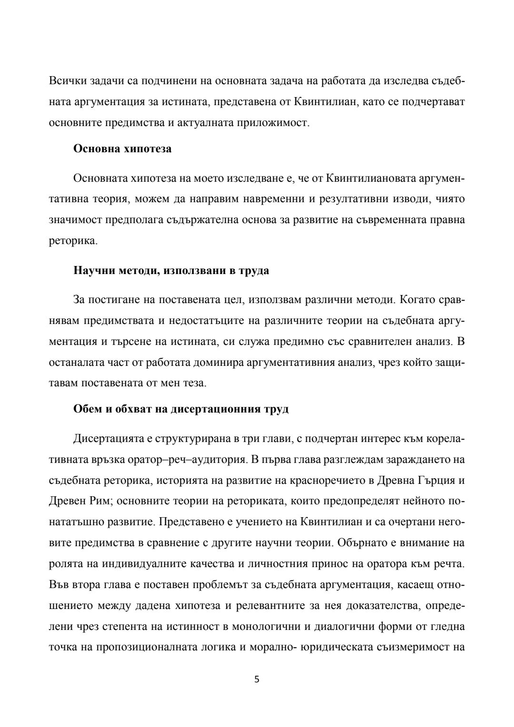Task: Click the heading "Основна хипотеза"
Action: (x=122, y=149)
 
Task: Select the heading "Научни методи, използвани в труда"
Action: (x=171, y=271)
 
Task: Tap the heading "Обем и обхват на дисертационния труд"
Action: (x=181, y=409)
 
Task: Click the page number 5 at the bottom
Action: (x=257, y=679)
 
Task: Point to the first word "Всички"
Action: (x=65, y=80)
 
